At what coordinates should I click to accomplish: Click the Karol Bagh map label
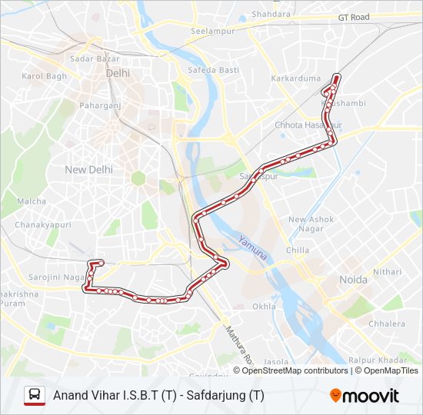[x=45, y=76]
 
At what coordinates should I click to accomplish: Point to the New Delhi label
[x=88, y=169]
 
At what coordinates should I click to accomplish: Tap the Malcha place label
[x=32, y=201]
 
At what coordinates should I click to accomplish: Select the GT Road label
[x=353, y=16]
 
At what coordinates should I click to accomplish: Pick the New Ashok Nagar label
[x=311, y=224]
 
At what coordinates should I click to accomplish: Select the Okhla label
[x=264, y=306]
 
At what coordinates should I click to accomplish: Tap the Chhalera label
[x=387, y=324]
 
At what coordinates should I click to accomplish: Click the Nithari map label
[x=387, y=271]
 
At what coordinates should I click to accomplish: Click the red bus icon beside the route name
[x=35, y=395]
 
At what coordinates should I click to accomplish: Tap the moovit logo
[x=365, y=395]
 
